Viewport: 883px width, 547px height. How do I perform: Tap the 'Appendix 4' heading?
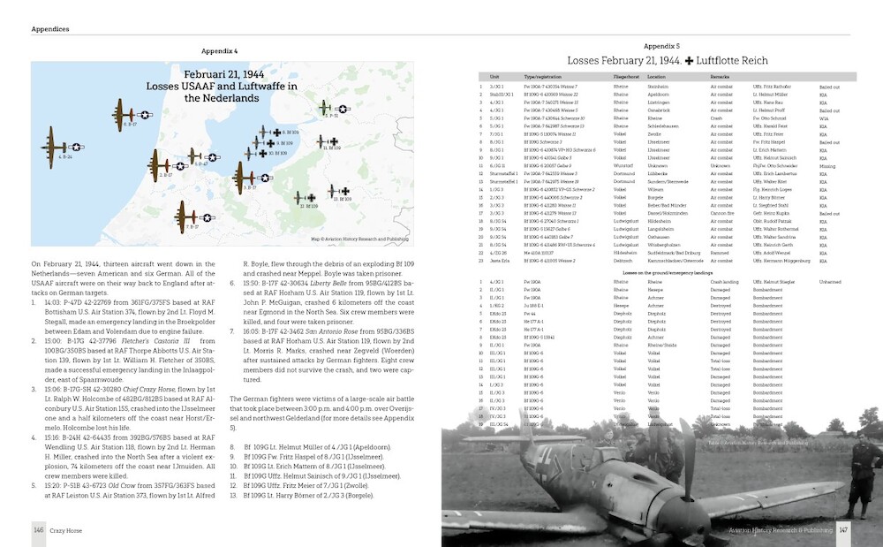(220, 52)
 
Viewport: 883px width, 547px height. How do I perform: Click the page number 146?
(39, 528)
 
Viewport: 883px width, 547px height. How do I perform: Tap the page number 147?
(843, 529)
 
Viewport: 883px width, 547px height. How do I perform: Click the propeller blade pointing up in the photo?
(685, 446)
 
